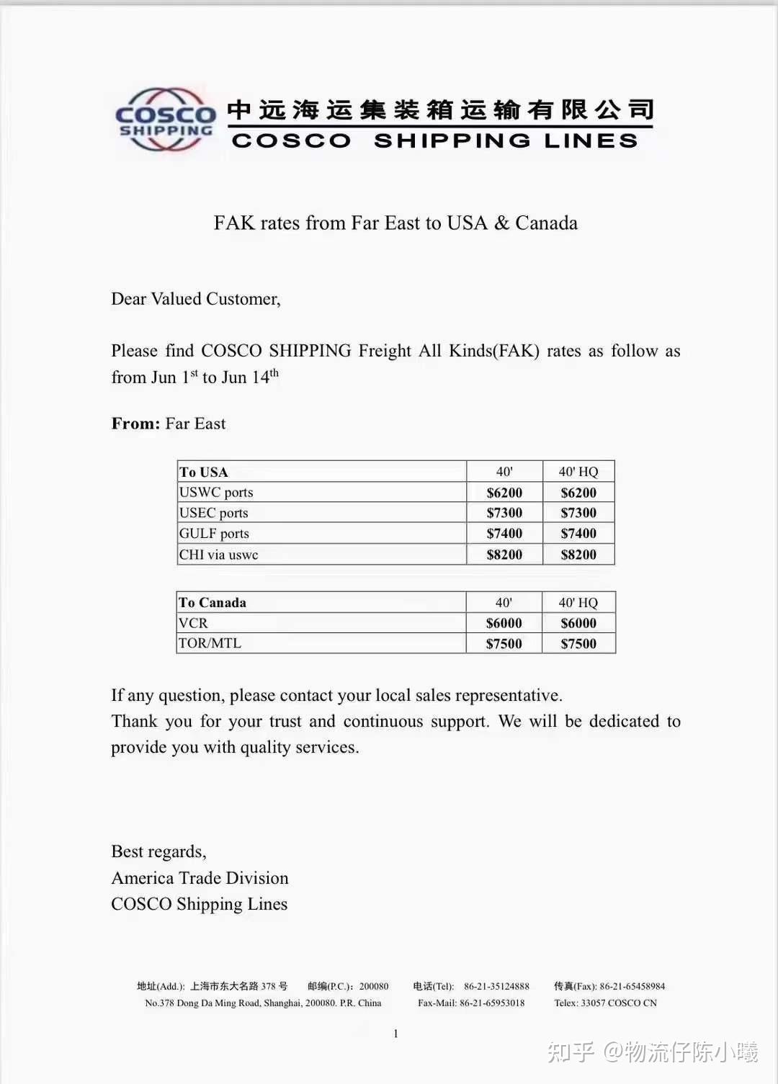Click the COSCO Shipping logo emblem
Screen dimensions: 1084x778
coord(166,120)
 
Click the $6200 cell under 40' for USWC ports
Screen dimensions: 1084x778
coord(504,493)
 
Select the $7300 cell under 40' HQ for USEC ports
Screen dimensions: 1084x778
coord(578,513)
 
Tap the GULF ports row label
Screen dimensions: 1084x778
coord(214,534)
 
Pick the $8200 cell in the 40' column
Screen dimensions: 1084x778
coord(504,555)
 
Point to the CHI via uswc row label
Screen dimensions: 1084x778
coord(218,555)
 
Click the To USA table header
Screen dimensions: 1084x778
coord(204,472)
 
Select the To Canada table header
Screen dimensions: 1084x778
coord(213,603)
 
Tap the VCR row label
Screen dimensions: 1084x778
coord(193,623)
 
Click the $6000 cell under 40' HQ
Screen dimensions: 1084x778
coord(578,623)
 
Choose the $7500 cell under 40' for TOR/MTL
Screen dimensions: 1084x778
coord(504,644)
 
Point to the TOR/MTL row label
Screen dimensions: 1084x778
coord(210,643)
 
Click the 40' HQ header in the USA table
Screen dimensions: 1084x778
coord(578,472)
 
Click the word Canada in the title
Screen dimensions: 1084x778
coord(546,223)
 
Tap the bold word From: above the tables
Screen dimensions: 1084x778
coord(135,424)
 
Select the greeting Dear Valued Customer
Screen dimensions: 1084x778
coord(196,299)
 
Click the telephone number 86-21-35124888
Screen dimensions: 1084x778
coord(496,986)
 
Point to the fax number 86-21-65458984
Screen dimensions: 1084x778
coord(632,986)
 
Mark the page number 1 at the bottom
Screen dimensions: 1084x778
coord(395,1034)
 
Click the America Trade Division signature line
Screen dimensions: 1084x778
coord(200,878)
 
